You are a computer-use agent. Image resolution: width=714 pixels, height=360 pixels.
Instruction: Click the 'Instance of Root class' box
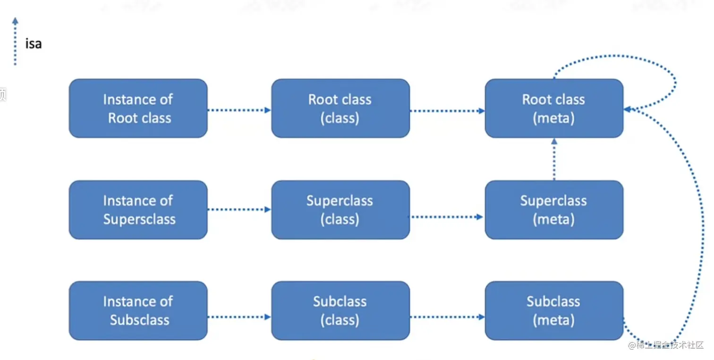138,109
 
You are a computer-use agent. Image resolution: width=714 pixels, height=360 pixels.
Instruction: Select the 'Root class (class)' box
340,109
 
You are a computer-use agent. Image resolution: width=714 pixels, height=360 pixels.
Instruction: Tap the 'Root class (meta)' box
554,109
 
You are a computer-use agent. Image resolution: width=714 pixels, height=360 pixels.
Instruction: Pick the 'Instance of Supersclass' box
138,210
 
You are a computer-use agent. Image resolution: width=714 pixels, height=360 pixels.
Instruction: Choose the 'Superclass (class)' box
340,210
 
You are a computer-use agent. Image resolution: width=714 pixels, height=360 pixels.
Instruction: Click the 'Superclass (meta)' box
554,210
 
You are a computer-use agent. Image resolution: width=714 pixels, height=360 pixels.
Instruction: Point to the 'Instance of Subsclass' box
138,310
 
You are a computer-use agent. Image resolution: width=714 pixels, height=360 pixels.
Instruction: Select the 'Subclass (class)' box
340,310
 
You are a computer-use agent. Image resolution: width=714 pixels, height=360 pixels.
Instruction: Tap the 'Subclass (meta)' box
554,310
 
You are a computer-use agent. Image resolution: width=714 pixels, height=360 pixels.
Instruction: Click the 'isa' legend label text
34,44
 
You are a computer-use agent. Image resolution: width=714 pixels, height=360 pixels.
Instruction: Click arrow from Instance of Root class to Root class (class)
239,110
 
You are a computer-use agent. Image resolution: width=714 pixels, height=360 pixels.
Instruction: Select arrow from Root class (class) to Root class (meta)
447,111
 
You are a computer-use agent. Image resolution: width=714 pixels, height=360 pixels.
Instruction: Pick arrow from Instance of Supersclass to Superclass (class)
239,209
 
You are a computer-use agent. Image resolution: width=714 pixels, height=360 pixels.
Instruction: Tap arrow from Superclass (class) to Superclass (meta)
447,217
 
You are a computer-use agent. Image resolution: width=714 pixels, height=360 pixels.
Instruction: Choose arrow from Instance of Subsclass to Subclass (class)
239,317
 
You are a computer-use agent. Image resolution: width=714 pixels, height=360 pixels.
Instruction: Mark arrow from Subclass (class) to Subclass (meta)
447,317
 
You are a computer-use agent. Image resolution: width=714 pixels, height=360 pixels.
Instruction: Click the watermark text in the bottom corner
666,345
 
